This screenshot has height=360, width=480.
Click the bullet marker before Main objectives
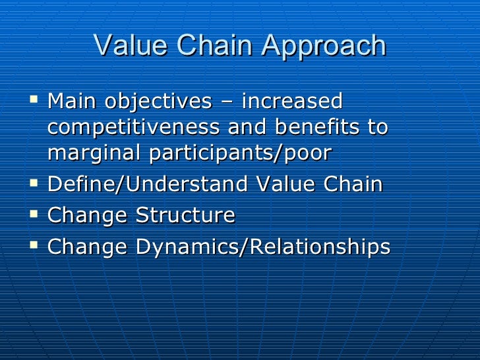point(36,101)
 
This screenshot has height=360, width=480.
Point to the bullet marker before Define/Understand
point(36,183)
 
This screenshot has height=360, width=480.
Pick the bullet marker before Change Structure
point(36,214)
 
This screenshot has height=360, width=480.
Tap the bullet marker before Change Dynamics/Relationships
point(36,245)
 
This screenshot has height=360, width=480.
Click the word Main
point(72,103)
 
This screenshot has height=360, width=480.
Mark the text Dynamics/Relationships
point(263,248)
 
